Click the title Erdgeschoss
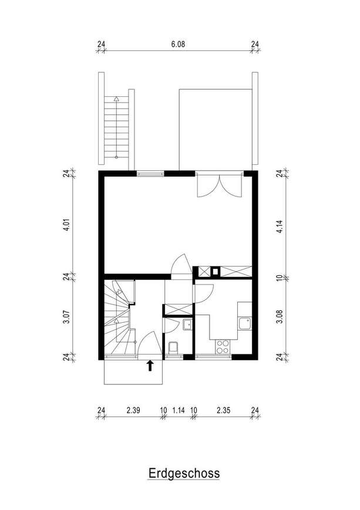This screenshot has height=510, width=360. pos(184,473)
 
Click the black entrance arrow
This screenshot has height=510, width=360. pos(150,365)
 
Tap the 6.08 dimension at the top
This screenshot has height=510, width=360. pos(178,44)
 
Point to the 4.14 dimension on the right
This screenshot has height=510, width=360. pos(280,227)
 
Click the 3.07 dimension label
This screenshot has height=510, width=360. pos(66,317)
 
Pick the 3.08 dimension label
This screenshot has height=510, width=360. pos(280,317)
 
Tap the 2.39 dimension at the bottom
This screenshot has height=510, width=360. pos(133,410)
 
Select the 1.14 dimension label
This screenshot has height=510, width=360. pos(179,410)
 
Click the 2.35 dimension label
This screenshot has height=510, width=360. pos(223,410)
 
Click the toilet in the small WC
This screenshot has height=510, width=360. pos(173,347)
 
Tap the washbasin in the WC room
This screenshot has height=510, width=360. pos(187,325)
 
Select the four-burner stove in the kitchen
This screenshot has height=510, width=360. pos(223,346)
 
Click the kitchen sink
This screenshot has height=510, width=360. pos(245,323)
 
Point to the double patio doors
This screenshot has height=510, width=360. pos(220,186)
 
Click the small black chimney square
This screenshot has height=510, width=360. pos(215,271)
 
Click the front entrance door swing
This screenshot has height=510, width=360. pos(150,344)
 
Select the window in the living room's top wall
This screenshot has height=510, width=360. pos(150,173)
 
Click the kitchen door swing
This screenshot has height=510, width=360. pos(203,293)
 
